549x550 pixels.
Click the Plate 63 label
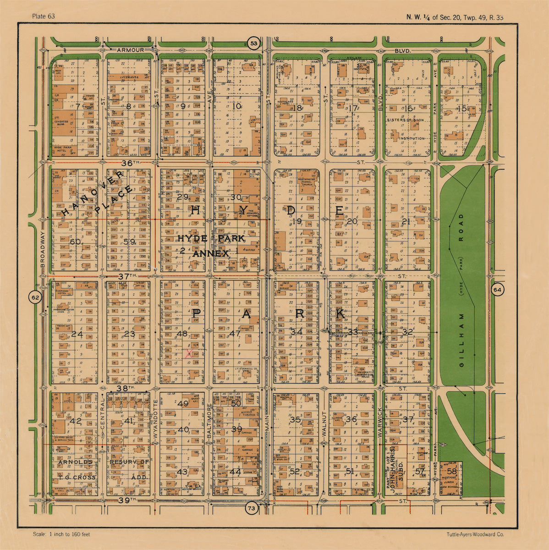[x=44, y=16]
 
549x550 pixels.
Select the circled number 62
[x=35, y=297]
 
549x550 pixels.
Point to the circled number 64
[x=498, y=290]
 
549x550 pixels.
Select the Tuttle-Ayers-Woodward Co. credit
[x=475, y=534]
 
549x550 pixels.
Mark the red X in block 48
[x=188, y=353]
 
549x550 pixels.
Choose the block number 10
[x=236, y=106]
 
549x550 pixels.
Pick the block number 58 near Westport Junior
[x=451, y=472]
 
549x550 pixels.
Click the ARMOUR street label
[x=130, y=49]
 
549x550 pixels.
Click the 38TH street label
[x=125, y=388]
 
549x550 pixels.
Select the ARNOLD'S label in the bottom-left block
[x=75, y=462]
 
